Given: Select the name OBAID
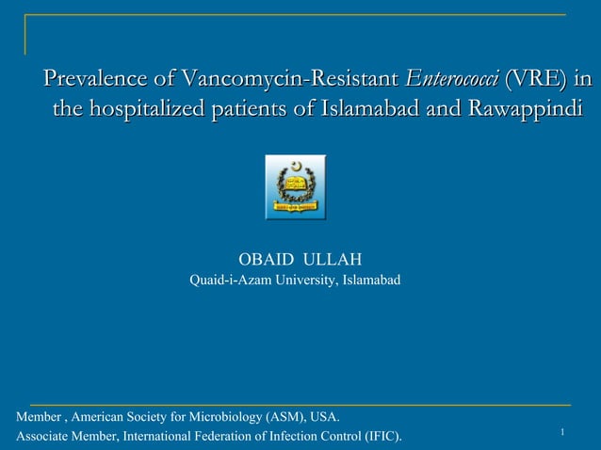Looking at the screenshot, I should (266, 259).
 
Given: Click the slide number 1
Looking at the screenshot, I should (561, 432).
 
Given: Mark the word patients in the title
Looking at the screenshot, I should (253, 110).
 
